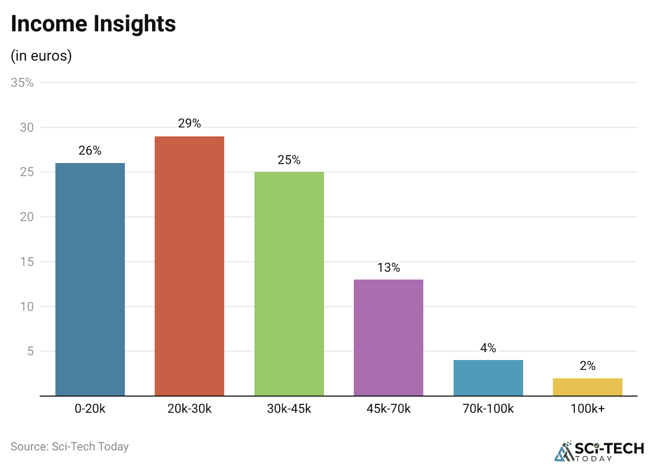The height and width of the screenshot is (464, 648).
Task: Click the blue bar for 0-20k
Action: tap(90, 280)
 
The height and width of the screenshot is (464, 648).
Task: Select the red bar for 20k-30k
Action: tap(189, 266)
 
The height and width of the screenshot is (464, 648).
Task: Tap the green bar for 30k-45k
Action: tap(289, 284)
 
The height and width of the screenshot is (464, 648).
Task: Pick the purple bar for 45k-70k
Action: tap(388, 338)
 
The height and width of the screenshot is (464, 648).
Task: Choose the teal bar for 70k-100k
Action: tap(488, 378)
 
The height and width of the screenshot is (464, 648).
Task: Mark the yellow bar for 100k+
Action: tap(587, 387)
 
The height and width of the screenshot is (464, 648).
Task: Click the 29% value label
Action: tap(189, 123)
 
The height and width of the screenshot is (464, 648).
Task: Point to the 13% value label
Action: tap(388, 268)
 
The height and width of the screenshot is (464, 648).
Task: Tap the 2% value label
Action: tap(587, 366)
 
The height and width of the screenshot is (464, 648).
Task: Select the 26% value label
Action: tap(90, 150)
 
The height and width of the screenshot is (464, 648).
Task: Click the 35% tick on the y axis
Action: tap(22, 83)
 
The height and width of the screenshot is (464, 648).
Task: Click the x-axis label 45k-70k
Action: tap(388, 409)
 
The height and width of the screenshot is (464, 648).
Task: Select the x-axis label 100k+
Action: tap(587, 409)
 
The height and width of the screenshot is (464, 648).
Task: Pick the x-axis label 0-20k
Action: tap(90, 409)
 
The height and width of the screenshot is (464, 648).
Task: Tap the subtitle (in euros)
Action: tap(41, 55)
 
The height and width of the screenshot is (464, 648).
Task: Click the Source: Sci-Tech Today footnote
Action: tap(70, 447)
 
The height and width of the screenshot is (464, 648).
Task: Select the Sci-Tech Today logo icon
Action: tap(563, 451)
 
